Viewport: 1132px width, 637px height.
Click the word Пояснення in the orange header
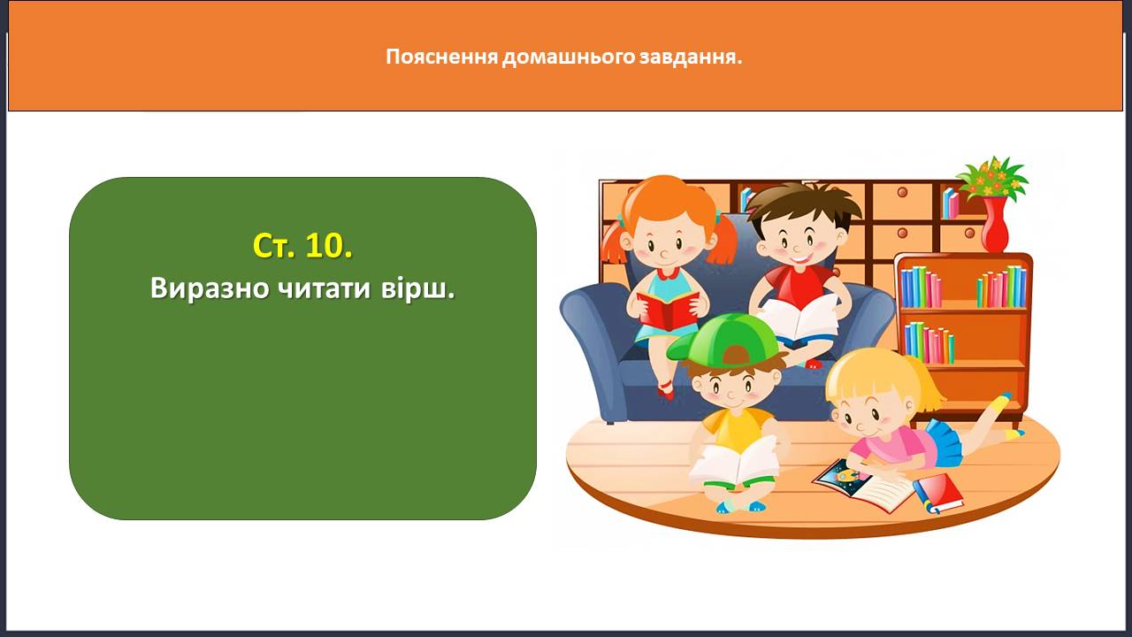(442, 57)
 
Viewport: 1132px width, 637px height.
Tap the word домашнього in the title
(569, 57)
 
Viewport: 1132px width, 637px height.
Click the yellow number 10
(328, 246)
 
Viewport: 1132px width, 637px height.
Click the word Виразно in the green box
(209, 288)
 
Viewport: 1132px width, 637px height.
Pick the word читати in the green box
(324, 289)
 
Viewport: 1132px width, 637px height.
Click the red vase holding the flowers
(995, 224)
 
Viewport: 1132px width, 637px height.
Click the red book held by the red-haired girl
(668, 310)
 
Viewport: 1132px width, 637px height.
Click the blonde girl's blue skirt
(944, 444)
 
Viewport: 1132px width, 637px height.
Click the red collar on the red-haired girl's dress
(668, 273)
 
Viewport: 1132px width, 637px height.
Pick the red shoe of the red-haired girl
(666, 390)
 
